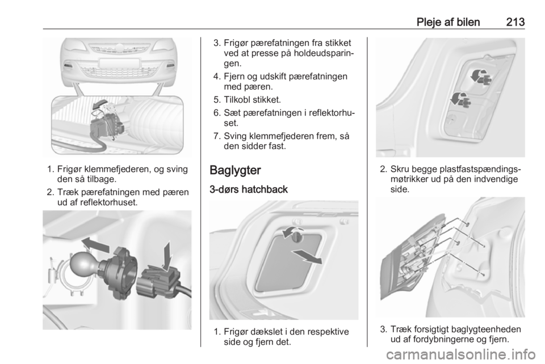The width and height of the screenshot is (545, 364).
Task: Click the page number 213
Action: [x=515, y=22]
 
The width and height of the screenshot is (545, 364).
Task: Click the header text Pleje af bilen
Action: [x=448, y=22]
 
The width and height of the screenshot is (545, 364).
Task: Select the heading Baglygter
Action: [x=235, y=170]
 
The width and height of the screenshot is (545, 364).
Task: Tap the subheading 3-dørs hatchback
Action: [x=249, y=189]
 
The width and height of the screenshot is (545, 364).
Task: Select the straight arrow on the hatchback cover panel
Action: [x=307, y=257]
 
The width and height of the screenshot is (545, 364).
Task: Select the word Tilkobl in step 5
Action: [x=237, y=100]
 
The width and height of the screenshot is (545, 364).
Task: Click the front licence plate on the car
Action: [x=119, y=64]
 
